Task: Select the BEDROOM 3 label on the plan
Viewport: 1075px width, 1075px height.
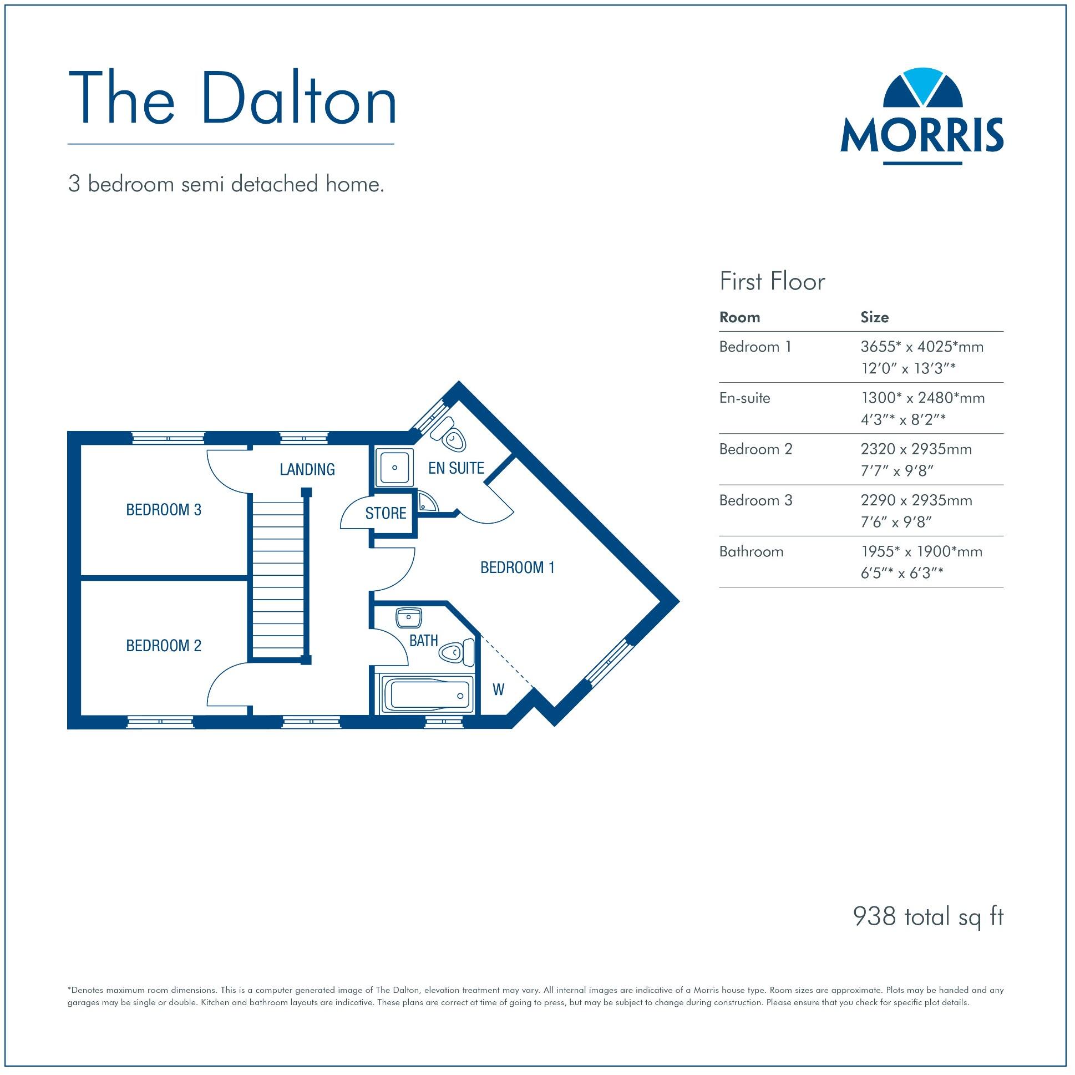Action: [164, 510]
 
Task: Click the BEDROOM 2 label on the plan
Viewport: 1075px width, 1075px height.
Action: [164, 646]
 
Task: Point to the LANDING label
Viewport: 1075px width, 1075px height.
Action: [307, 470]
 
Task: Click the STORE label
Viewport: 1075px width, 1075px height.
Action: [386, 513]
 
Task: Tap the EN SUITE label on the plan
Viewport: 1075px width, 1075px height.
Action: [457, 469]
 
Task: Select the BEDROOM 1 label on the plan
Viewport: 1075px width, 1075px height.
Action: [518, 567]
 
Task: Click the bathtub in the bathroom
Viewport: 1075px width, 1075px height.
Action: [427, 694]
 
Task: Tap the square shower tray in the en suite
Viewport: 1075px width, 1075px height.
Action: [394, 468]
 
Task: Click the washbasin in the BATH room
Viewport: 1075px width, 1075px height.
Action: [409, 617]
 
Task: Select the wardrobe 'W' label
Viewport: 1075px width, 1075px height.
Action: [499, 690]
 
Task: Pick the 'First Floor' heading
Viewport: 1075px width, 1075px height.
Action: [772, 282]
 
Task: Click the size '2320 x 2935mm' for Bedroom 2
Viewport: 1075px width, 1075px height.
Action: [916, 449]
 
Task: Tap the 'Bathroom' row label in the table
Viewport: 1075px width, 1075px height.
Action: [751, 551]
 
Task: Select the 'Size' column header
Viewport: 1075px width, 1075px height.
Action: [874, 317]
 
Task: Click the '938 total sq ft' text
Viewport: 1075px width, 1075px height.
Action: [927, 916]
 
